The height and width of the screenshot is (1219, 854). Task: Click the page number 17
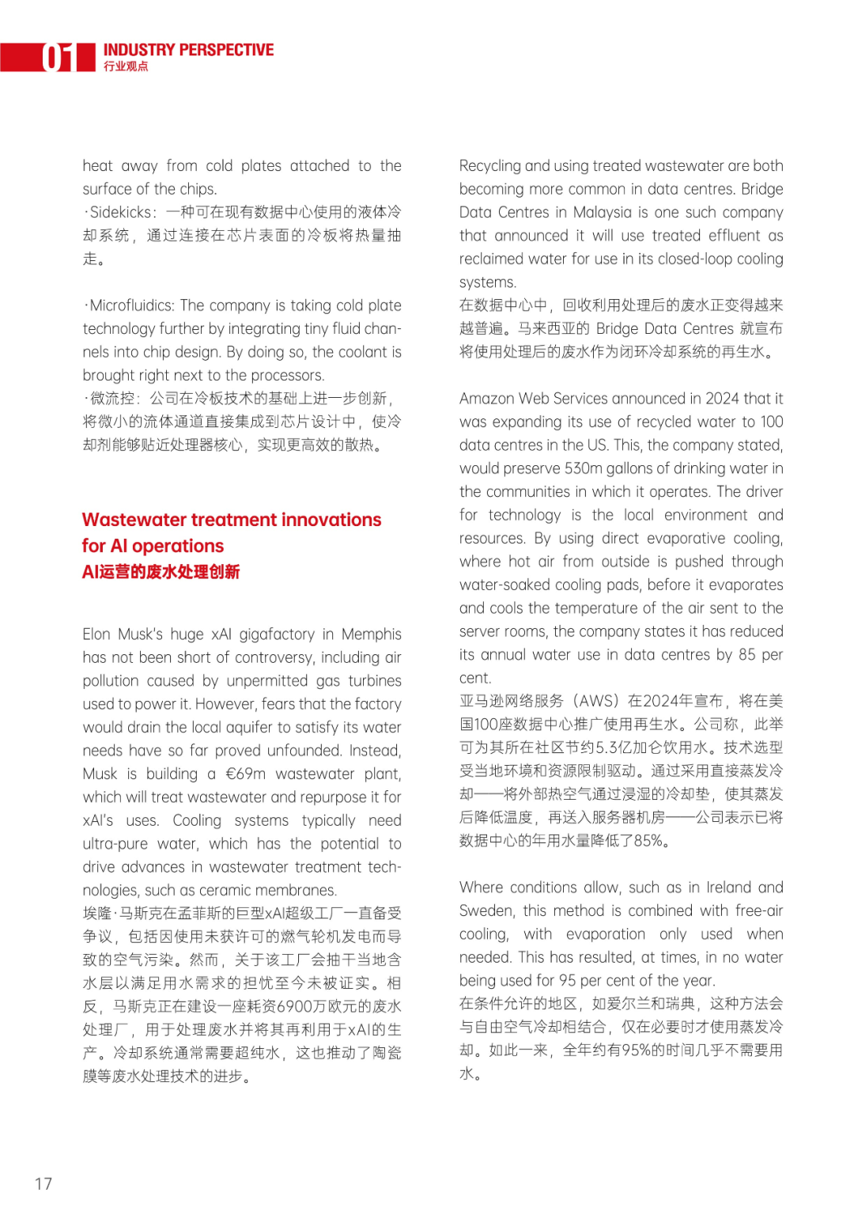43,1183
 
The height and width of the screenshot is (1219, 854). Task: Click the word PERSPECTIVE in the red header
226,50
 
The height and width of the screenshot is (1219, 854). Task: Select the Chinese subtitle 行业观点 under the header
126,66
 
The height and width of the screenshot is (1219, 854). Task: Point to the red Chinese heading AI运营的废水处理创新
161,572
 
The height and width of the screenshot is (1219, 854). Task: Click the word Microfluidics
132,305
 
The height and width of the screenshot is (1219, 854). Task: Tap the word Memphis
371,634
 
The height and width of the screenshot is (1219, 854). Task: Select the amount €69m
245,774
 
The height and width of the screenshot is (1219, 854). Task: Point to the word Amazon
486,399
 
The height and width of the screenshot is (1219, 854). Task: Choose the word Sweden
484,910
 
